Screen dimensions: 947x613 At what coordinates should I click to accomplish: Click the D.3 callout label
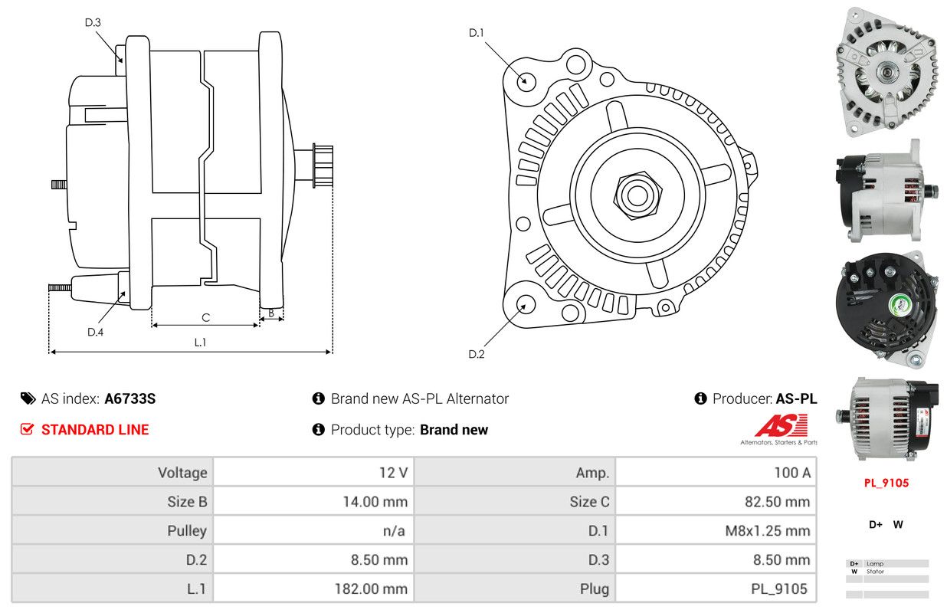[93, 22]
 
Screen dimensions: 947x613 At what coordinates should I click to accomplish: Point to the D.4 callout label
[95, 332]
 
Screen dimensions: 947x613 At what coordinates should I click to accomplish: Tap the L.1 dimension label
[200, 342]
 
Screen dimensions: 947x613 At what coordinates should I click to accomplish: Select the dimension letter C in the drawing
[205, 317]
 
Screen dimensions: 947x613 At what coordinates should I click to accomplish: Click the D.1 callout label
[476, 32]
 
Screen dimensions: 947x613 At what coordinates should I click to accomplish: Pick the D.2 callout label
[477, 354]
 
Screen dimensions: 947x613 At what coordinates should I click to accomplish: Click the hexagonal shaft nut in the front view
[637, 195]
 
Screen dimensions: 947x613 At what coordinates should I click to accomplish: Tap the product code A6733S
[129, 398]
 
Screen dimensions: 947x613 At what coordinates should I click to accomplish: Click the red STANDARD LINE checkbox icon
[27, 429]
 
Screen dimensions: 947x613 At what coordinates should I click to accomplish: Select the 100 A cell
[716, 472]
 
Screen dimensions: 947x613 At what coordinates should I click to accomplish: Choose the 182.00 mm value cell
[313, 588]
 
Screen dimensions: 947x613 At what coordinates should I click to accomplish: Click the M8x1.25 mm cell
[716, 530]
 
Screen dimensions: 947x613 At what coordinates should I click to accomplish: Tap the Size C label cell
[515, 501]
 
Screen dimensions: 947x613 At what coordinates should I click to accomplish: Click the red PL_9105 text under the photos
[886, 483]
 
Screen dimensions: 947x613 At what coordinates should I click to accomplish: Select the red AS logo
[782, 425]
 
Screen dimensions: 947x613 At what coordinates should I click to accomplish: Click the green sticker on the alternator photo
[900, 304]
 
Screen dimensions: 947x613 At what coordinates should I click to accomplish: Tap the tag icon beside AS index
[28, 398]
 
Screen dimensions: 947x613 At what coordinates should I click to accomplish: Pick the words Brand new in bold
[454, 430]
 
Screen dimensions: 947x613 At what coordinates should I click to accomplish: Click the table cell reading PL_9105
[716, 588]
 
